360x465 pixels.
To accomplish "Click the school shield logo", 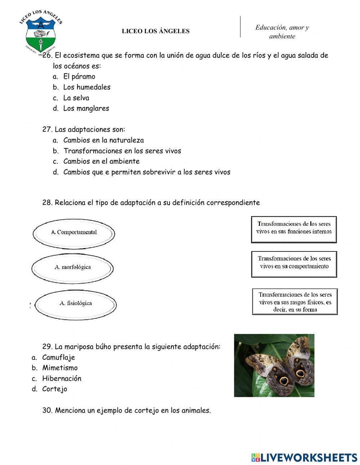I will pyautogui.click(x=41, y=32).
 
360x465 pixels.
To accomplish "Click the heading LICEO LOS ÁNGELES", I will pyautogui.click(x=156, y=31).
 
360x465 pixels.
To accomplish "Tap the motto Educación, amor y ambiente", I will pyautogui.click(x=282, y=32).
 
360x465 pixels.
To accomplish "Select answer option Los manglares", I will pyautogui.click(x=86, y=108).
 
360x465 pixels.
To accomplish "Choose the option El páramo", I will pyautogui.click(x=79, y=76).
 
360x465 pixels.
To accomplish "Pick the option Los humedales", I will pyautogui.click(x=86, y=87).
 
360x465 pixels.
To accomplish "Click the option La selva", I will pyautogui.click(x=76, y=98).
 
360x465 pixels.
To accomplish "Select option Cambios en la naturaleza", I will pyautogui.click(x=103, y=140).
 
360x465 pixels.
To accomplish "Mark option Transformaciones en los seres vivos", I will pyautogui.click(x=122, y=151).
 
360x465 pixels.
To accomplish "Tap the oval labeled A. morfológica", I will pyautogui.click(x=72, y=267).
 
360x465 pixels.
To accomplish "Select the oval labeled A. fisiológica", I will pyautogui.click(x=76, y=303).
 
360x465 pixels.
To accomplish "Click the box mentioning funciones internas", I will pyautogui.click(x=294, y=229).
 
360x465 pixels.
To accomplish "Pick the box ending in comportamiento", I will pyautogui.click(x=294, y=264).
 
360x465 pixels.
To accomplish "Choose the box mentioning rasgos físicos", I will pyautogui.click(x=295, y=302).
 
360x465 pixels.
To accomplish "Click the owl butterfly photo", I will pyautogui.click(x=274, y=365).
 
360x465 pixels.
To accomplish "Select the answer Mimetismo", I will pyautogui.click(x=60, y=368).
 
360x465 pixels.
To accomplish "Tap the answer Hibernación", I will pyautogui.click(x=62, y=379).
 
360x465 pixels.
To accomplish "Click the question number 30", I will pyautogui.click(x=48, y=410).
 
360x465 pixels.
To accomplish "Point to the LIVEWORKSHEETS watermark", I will pyautogui.click(x=304, y=457).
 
